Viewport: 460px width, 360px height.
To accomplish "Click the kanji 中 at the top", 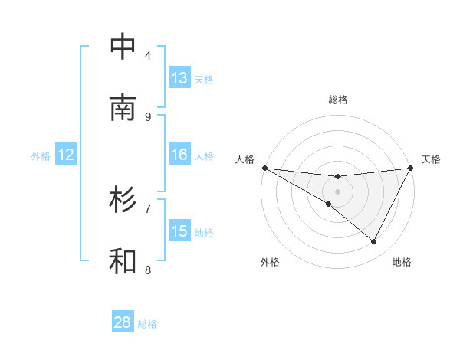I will pyautogui.click(x=123, y=47).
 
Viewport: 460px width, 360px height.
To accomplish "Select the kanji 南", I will pyautogui.click(x=123, y=108).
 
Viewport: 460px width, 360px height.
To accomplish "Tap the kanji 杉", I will pyautogui.click(x=123, y=200).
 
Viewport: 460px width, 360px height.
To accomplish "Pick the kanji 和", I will pyautogui.click(x=123, y=261).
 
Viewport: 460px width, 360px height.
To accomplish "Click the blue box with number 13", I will pyautogui.click(x=179, y=78).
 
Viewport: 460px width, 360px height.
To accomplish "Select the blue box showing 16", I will pyautogui.click(x=179, y=155).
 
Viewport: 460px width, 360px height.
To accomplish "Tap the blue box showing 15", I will pyautogui.click(x=179, y=231).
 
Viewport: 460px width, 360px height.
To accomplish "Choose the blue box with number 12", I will pyautogui.click(x=66, y=155).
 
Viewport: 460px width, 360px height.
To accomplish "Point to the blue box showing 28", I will pyautogui.click(x=123, y=322).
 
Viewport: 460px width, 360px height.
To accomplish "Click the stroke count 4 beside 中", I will pyautogui.click(x=148, y=55).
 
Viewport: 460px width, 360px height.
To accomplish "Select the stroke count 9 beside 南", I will pyautogui.click(x=148, y=116).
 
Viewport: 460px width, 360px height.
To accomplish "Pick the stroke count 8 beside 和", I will pyautogui.click(x=148, y=270).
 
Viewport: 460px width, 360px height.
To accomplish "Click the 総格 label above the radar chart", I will pyautogui.click(x=337, y=100).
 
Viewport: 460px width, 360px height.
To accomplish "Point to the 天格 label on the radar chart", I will pyautogui.click(x=431, y=159).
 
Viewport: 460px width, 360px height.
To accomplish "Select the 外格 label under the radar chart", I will pyautogui.click(x=270, y=262).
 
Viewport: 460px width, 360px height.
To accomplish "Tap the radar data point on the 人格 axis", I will pyautogui.click(x=264, y=168).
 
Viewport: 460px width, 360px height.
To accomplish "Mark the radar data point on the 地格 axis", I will pyautogui.click(x=374, y=242).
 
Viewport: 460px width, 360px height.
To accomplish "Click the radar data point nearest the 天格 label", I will pyautogui.click(x=411, y=168).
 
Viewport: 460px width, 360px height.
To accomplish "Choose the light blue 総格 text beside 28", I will pyautogui.click(x=147, y=323).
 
